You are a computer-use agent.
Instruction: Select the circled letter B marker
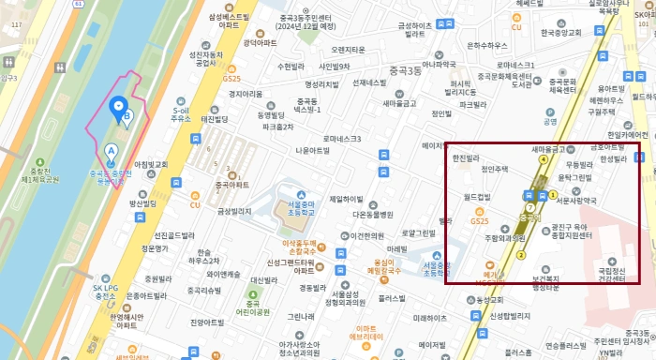point(128,116)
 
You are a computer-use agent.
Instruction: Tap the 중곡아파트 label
point(232,184)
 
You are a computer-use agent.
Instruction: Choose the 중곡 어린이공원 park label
point(252,308)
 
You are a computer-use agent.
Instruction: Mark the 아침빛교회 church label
point(149,164)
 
